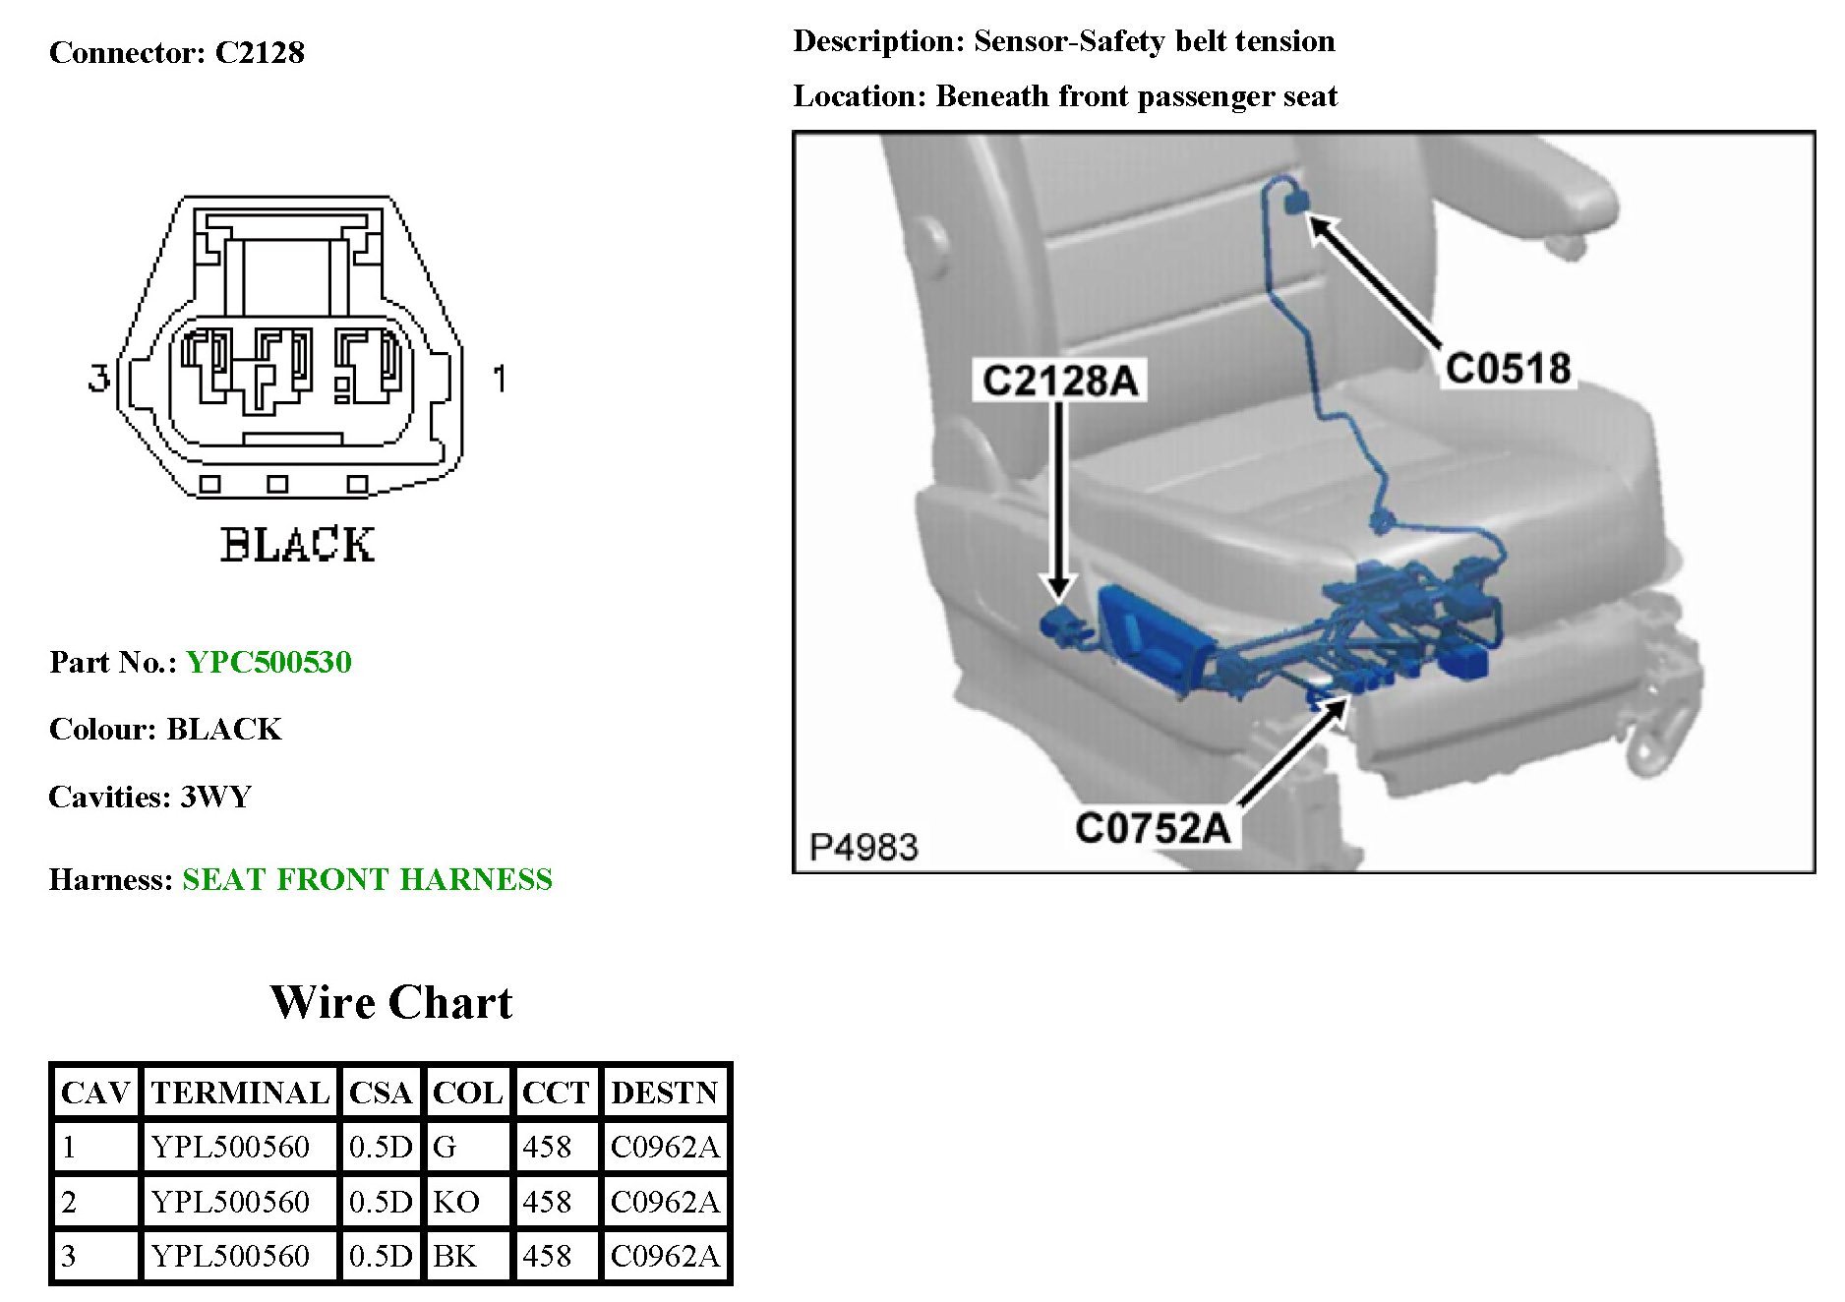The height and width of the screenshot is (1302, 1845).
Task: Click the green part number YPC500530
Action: (268, 662)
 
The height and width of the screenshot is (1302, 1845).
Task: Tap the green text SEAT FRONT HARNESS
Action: (367, 879)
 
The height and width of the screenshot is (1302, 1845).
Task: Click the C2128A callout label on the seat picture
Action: (1059, 381)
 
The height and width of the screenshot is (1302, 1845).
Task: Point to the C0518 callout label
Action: (1508, 369)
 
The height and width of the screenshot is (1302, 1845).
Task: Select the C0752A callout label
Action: (1152, 828)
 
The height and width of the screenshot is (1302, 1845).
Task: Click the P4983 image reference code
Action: (863, 847)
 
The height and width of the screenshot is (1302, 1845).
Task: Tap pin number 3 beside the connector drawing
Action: (98, 378)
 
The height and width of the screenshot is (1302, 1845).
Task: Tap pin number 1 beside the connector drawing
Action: (500, 379)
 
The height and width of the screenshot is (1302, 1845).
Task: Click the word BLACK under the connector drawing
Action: (297, 545)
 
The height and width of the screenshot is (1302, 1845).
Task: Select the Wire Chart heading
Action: (390, 1003)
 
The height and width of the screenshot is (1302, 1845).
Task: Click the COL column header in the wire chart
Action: (467, 1093)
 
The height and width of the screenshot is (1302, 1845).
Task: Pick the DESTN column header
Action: (665, 1093)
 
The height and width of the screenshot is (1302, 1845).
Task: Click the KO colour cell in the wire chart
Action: (456, 1202)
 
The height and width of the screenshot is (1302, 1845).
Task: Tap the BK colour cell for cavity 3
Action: (454, 1256)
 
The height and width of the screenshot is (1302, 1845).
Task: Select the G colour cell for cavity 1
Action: (445, 1147)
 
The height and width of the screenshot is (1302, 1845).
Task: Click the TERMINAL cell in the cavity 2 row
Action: (230, 1202)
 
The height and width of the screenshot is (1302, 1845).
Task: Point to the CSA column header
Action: (380, 1093)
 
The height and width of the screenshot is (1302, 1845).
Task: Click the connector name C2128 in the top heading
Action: (260, 52)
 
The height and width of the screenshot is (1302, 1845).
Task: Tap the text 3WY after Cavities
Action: (216, 797)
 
